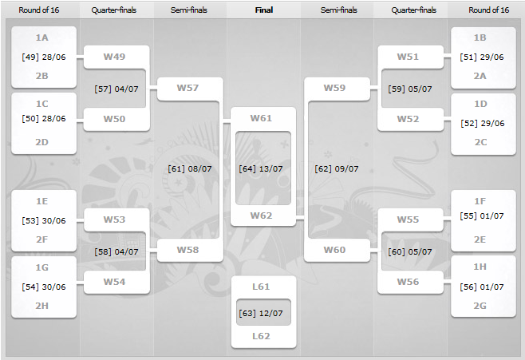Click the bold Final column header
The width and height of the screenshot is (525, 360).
tap(264, 10)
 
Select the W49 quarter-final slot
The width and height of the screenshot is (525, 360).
tap(114, 57)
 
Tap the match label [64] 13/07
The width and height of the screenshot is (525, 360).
tap(261, 168)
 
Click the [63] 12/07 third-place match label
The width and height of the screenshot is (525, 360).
tap(261, 313)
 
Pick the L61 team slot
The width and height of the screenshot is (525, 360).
tap(261, 287)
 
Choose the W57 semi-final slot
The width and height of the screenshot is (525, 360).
tap(187, 88)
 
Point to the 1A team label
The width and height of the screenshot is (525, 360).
tap(41, 38)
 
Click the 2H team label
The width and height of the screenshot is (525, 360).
tap(41, 306)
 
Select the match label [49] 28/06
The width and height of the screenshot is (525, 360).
tap(44, 57)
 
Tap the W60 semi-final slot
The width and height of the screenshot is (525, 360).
tap(334, 250)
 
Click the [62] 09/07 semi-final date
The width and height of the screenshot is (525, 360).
tap(337, 168)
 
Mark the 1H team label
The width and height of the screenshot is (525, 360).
tap(480, 267)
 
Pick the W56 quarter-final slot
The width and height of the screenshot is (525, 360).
tap(408, 282)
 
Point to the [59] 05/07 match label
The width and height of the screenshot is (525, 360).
tap(410, 89)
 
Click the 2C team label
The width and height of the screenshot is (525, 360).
tap(480, 142)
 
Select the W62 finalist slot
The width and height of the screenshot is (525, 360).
tap(261, 216)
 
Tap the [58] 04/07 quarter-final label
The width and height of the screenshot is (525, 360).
tap(116, 251)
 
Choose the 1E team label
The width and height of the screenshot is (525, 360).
tap(41, 201)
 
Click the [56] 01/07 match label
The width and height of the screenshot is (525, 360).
tap(482, 287)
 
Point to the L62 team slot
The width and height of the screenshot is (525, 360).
tap(261, 336)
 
